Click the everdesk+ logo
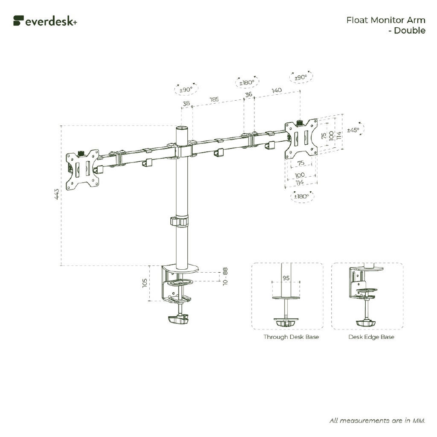tap(45, 21)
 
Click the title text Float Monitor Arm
tap(385, 20)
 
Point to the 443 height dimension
tap(56, 195)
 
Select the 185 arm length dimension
tap(214, 99)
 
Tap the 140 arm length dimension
tap(276, 90)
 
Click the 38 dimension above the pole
tap(186, 103)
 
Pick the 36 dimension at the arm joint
tap(248, 95)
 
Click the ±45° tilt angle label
tap(353, 130)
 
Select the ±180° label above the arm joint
tap(247, 82)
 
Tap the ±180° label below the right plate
tap(301, 196)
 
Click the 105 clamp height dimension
tap(145, 283)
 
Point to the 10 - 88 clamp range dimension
tap(225, 277)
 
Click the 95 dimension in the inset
tap(286, 278)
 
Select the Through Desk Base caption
tap(291, 337)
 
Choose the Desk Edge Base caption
tap(371, 337)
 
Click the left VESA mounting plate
tap(83, 169)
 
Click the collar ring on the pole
tap(180, 221)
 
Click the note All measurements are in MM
tap(377, 420)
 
